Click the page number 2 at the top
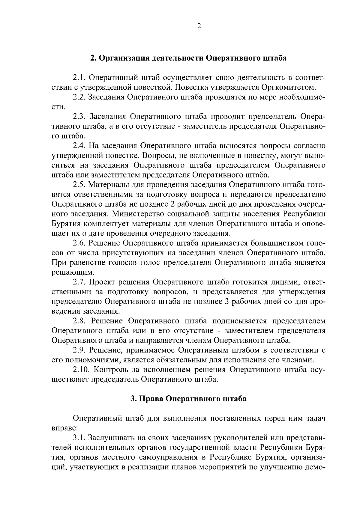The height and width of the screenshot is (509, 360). (199, 26)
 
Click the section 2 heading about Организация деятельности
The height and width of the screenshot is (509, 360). (188, 58)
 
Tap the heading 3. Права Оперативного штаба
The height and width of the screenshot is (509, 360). (188, 399)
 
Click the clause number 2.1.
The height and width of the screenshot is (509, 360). (80, 78)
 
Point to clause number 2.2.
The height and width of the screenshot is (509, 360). (80, 97)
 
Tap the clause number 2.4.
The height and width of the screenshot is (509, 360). (80, 146)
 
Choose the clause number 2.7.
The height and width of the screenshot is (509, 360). (80, 282)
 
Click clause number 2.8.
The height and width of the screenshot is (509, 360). (80, 321)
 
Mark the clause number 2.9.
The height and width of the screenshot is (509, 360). (80, 350)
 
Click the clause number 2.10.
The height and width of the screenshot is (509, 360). (82, 370)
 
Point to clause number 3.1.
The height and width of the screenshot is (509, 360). (80, 438)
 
